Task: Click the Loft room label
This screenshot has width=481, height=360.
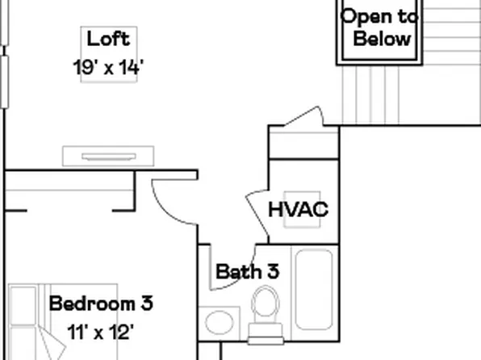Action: coord(108,39)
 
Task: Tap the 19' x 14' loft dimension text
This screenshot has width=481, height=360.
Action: coord(108,67)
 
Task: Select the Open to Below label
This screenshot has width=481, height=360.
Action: coord(379,27)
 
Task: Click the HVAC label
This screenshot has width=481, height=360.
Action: coord(298,210)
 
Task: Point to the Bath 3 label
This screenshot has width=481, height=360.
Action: coord(247,271)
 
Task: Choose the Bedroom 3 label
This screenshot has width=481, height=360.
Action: coord(101,304)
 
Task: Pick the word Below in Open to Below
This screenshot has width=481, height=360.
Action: coord(382,39)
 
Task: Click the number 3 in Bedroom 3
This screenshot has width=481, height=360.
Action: coord(145,304)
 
